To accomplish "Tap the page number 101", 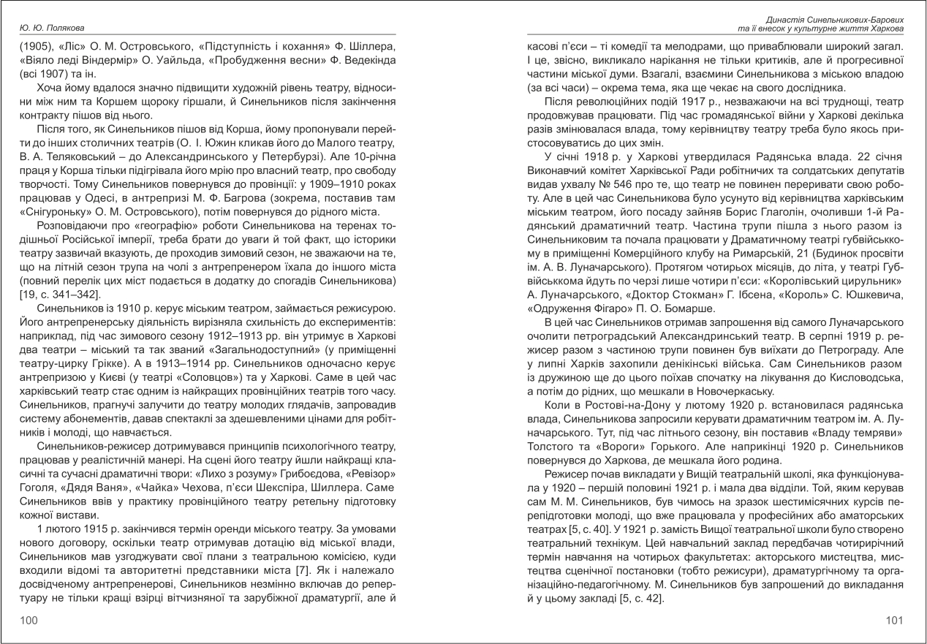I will tap(894, 621).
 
